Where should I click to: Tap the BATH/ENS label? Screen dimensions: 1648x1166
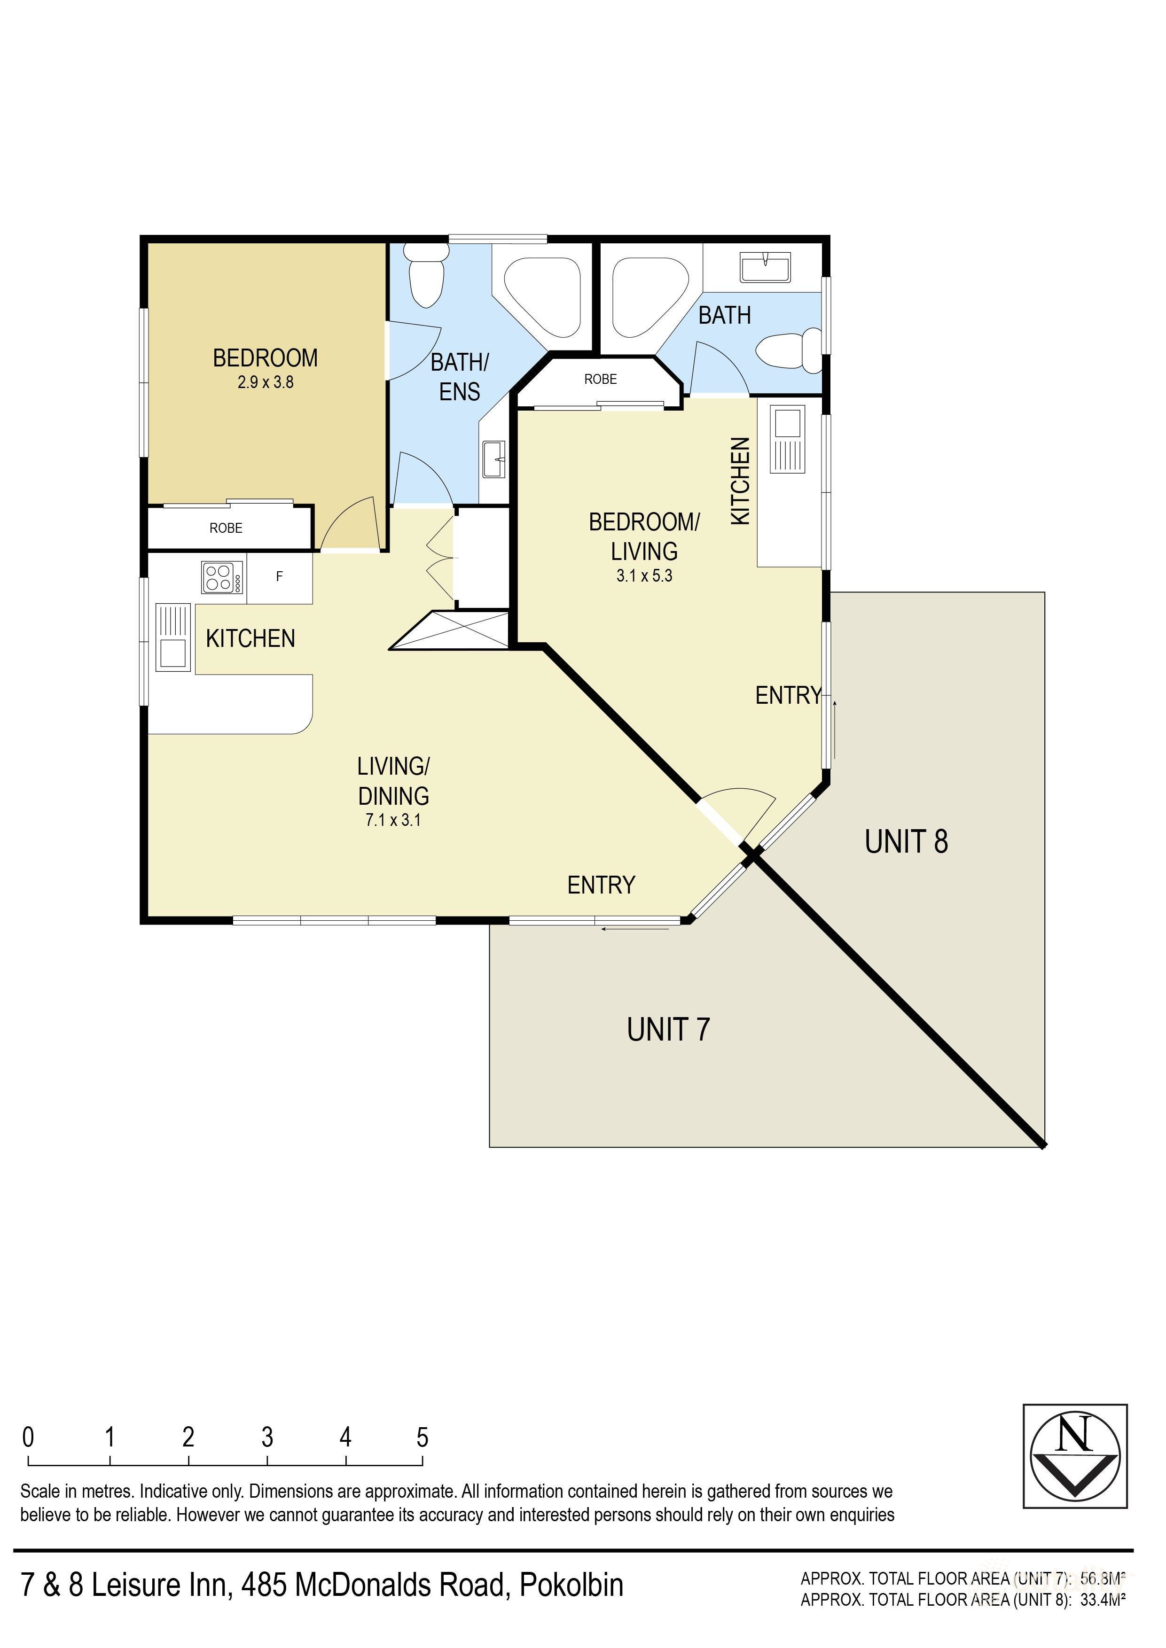(460, 377)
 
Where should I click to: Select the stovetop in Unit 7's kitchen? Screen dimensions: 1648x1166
(223, 577)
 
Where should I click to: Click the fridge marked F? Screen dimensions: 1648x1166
(279, 576)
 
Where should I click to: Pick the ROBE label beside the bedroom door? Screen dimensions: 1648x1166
(226, 529)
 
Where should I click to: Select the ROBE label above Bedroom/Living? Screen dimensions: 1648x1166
(600, 379)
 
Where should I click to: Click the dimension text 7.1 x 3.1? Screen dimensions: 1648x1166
(393, 820)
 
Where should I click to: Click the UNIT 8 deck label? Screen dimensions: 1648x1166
(906, 842)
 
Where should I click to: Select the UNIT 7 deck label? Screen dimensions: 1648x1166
(668, 1030)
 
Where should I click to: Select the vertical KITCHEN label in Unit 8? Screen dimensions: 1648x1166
(740, 481)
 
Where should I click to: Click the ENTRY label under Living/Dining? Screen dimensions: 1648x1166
(601, 885)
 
